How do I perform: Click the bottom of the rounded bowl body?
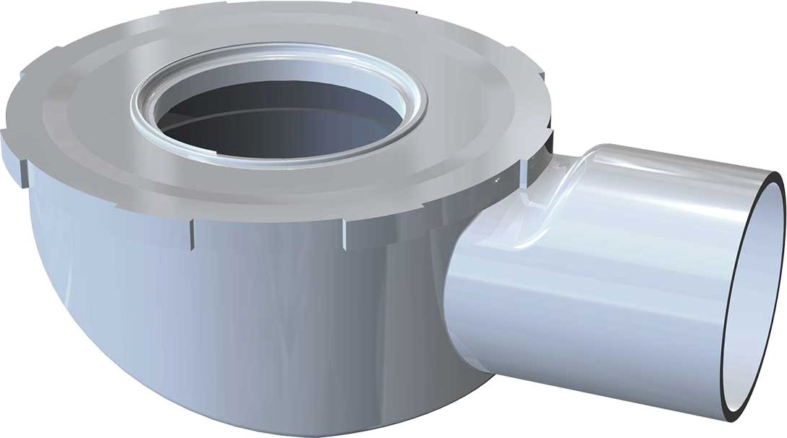tap(275, 405)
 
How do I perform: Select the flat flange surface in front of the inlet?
tap(275, 188)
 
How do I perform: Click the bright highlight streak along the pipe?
tap(615, 217)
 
